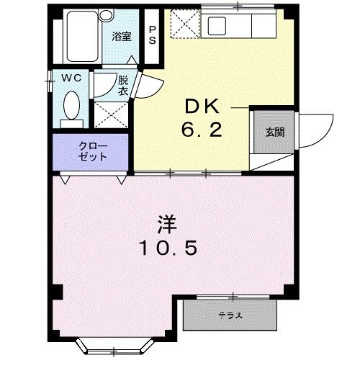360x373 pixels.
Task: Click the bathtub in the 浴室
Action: pos(82,36)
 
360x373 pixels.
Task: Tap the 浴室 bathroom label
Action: pos(122,36)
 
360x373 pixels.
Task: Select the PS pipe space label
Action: pos(152,35)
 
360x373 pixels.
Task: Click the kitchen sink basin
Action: pos(217,26)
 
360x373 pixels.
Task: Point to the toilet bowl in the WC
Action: pos(71,105)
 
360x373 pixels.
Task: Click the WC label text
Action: pos(71,78)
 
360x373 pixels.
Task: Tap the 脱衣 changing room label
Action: pos(123,86)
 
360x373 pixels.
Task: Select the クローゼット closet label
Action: pos(93,151)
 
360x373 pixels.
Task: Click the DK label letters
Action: pos(202,107)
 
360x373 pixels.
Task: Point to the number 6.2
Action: pos(202,130)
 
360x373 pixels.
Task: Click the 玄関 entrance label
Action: pos(275,132)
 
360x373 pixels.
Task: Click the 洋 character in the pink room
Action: pos(167,225)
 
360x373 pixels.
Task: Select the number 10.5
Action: pos(168,248)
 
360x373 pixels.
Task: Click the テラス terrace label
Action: pos(230,315)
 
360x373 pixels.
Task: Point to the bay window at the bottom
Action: pos(114,346)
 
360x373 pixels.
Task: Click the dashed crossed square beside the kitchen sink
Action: pos(185,24)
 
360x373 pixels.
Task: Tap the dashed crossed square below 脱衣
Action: pos(111,114)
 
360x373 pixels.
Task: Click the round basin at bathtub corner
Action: pos(107,15)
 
